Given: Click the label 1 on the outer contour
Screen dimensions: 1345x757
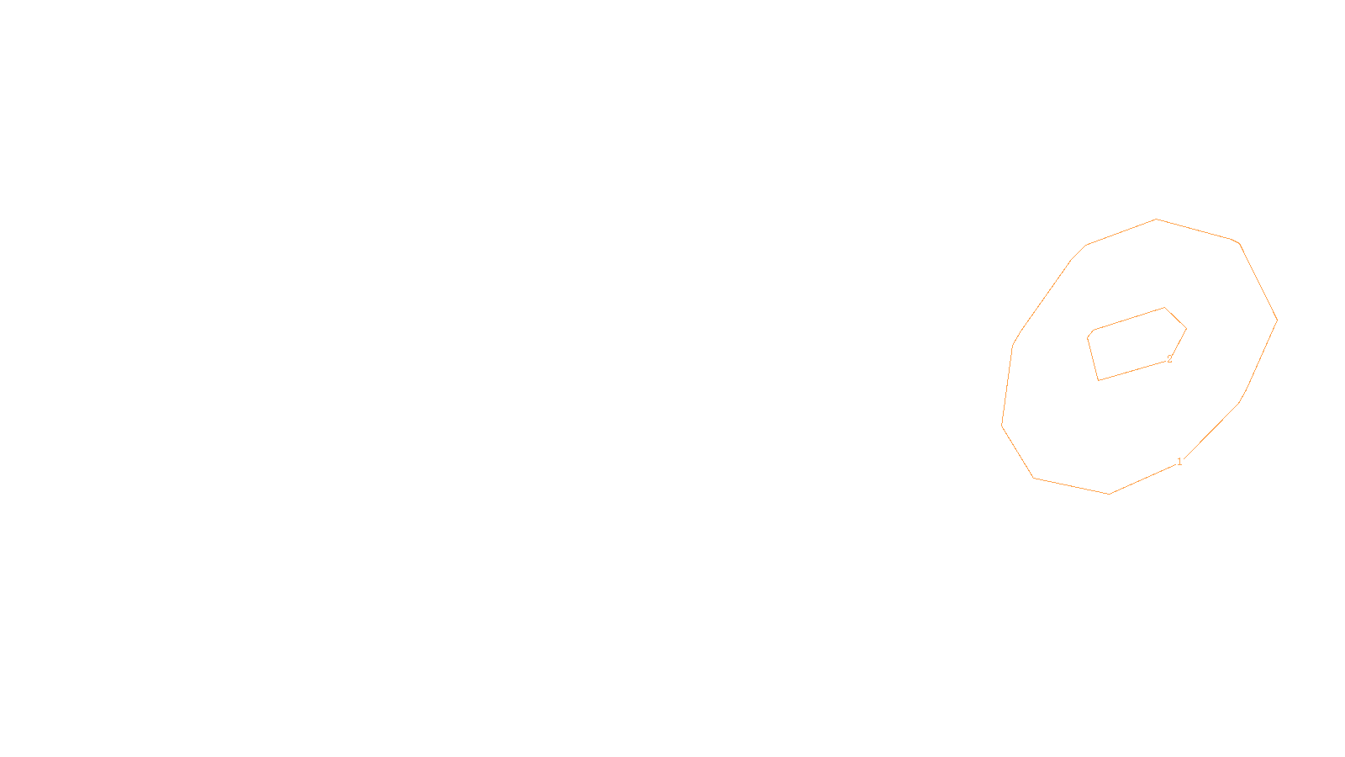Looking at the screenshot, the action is coord(1179,462).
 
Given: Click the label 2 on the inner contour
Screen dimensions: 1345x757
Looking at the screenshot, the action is coord(1169,359).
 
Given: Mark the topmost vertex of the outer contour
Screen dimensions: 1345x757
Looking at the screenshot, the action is coord(1156,220).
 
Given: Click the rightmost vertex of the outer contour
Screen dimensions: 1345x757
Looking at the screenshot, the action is coord(1277,320).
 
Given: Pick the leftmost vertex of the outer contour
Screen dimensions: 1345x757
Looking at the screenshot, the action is coord(1002,425).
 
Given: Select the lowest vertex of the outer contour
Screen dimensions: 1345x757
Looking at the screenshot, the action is coord(1109,494).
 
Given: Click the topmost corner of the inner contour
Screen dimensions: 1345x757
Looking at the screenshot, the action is coord(1164,308).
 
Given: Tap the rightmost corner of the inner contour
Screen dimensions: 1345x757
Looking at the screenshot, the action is coord(1186,328).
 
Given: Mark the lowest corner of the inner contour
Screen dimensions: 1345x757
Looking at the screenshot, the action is coord(1099,380).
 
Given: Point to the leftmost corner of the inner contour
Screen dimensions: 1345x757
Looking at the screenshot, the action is coord(1088,337).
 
